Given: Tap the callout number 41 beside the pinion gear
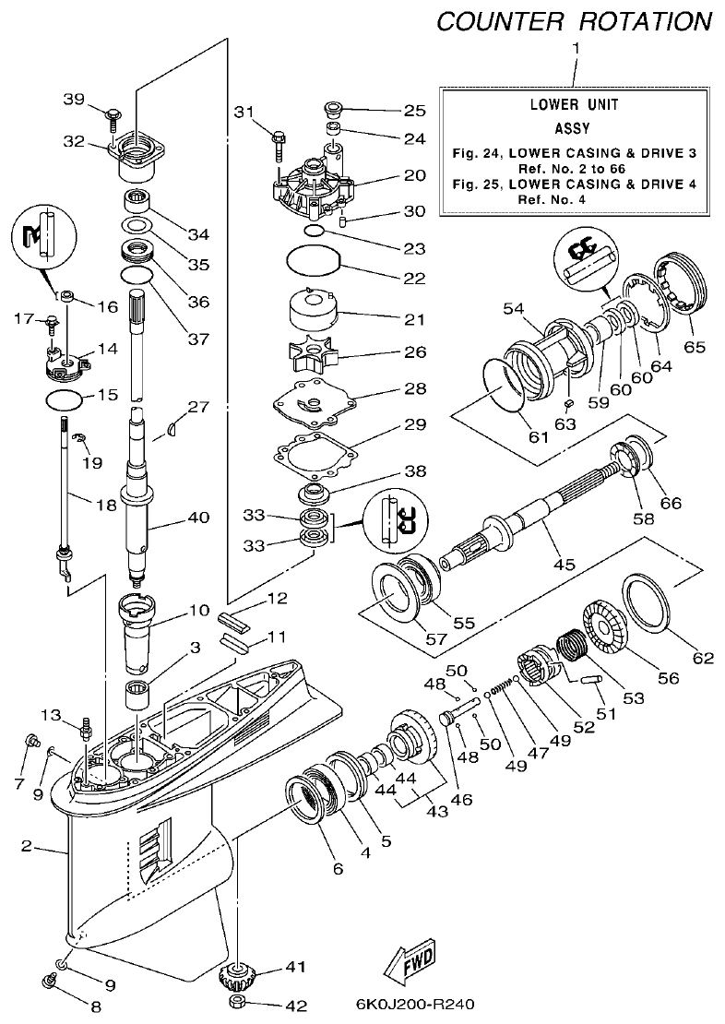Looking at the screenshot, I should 295,967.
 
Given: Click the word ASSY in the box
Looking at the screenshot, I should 573,129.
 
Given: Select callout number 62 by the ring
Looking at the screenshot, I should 703,658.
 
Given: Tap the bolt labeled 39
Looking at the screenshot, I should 113,115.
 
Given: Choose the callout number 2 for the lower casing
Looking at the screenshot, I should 27,844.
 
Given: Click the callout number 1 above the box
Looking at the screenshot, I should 576,47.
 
